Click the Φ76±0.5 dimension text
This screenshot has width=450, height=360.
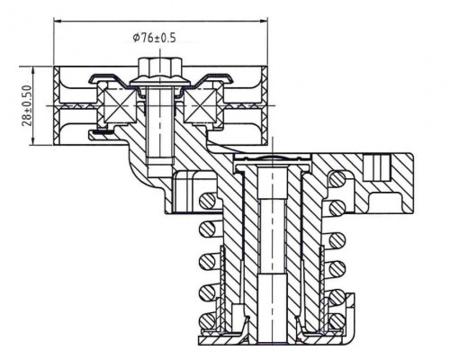(154, 38)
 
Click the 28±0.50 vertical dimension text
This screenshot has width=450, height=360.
(28, 105)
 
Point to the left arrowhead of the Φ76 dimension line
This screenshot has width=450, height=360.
(58, 22)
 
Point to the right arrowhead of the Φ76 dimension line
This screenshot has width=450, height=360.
(264, 22)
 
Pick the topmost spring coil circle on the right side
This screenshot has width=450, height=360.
(337, 180)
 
